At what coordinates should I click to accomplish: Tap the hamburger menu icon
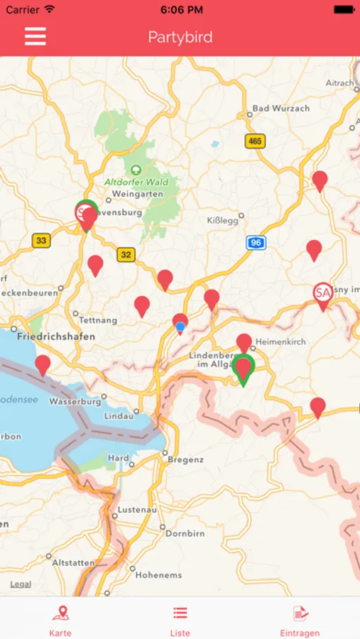pyautogui.click(x=36, y=37)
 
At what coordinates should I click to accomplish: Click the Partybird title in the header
pyautogui.click(x=180, y=37)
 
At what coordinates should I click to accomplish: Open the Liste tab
pyautogui.click(x=180, y=618)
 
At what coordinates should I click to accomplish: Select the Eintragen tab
pyautogui.click(x=300, y=618)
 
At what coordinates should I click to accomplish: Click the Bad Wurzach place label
pyautogui.click(x=281, y=108)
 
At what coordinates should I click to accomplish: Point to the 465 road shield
pyautogui.click(x=255, y=141)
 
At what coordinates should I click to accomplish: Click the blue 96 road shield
pyautogui.click(x=256, y=243)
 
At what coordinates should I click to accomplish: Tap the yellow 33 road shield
pyautogui.click(x=41, y=241)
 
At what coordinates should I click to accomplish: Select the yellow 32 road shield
pyautogui.click(x=126, y=254)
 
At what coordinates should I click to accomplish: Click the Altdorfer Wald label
pyautogui.click(x=136, y=182)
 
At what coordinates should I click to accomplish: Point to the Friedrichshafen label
pyautogui.click(x=55, y=336)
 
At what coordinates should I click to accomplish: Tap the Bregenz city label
pyautogui.click(x=185, y=459)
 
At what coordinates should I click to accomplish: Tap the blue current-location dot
pyautogui.click(x=180, y=327)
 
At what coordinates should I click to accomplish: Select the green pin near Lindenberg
pyautogui.click(x=244, y=368)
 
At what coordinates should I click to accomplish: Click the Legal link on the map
pyautogui.click(x=21, y=584)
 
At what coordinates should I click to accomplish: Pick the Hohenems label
pyautogui.click(x=159, y=575)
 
